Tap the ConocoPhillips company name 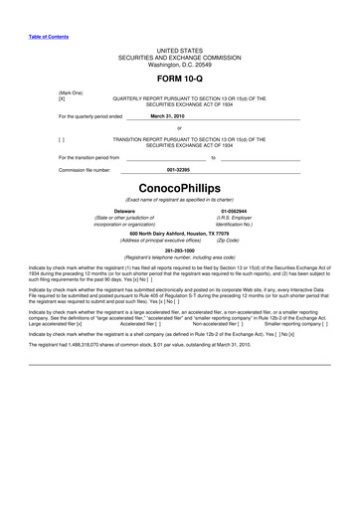(x=179, y=188)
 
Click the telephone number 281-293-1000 (x=179, y=251)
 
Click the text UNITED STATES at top (x=179, y=49)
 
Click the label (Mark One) (x=71, y=92)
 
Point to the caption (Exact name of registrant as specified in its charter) (x=179, y=201)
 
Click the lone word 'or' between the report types (x=179, y=128)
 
